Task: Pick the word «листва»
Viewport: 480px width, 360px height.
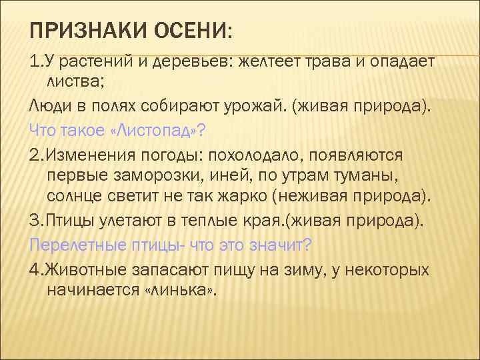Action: coord(76,83)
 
